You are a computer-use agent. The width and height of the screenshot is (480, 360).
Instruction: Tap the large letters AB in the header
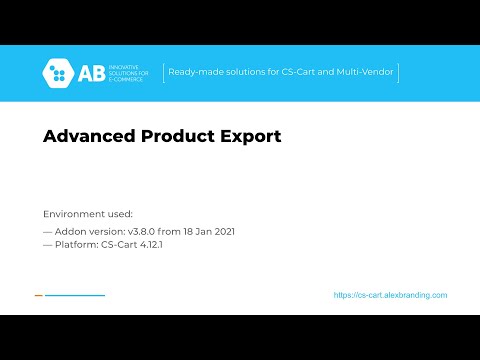91,73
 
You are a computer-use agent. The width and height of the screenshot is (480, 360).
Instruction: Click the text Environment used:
87,214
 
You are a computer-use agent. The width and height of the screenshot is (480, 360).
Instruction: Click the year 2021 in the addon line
221,231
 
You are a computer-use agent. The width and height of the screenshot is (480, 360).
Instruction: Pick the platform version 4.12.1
148,245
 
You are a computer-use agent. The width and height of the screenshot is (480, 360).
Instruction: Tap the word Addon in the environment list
68,231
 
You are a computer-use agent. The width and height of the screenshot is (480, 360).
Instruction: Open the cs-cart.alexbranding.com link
390,295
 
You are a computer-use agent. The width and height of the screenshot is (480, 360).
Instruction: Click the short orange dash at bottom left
38,295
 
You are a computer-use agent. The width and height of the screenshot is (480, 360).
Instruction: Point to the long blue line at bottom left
75,295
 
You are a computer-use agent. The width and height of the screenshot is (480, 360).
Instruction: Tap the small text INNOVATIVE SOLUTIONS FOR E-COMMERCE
128,73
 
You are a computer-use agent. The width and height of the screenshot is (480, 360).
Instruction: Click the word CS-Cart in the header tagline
302,72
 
